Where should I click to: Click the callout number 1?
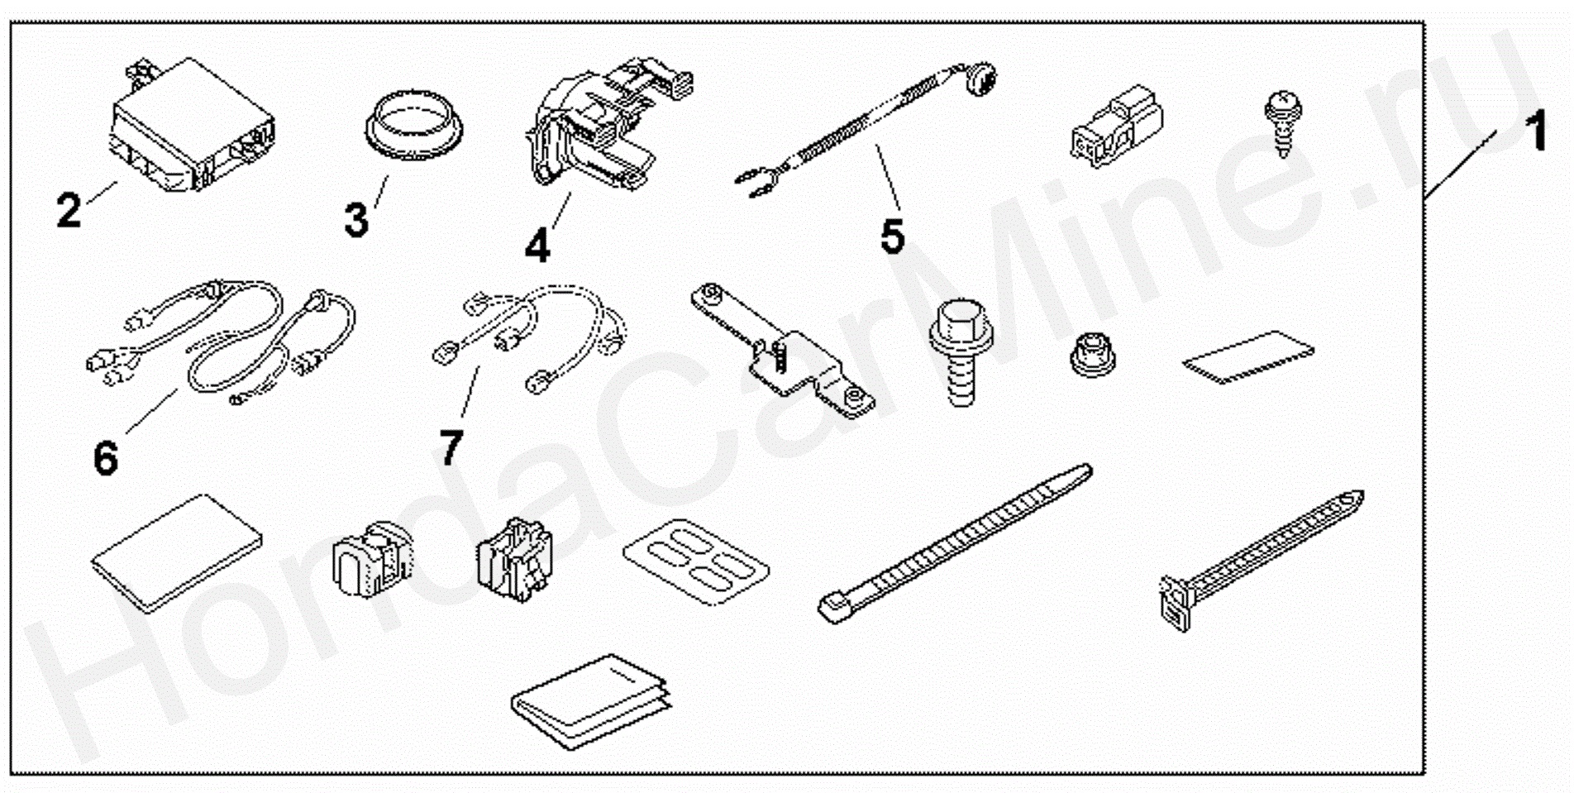(1536, 132)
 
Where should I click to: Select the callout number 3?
(356, 220)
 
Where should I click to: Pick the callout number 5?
(892, 236)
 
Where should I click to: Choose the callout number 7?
(451, 447)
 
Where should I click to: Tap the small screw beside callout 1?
(1282, 123)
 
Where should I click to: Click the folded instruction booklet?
(590, 701)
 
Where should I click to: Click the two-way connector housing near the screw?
(1116, 124)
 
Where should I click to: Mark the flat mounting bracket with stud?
(781, 351)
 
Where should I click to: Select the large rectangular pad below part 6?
(177, 553)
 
